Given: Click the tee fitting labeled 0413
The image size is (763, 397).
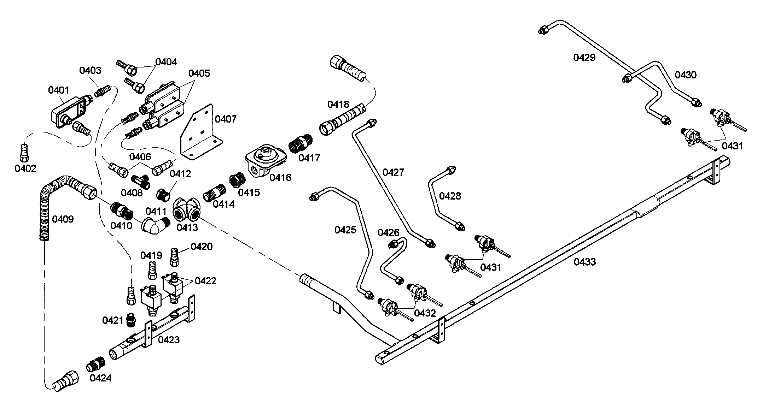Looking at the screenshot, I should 186,212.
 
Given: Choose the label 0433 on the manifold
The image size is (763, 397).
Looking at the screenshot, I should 584,262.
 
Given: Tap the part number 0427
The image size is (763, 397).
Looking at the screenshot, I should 393,172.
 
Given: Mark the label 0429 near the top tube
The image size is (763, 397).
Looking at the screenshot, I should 584,58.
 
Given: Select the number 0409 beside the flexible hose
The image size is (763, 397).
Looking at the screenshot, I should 63,219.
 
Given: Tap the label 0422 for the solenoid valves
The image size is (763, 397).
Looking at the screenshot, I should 205,281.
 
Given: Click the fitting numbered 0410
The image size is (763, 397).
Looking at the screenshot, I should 121,210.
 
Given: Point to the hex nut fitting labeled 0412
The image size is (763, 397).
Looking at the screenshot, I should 163,194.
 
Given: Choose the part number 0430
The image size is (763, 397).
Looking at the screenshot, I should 685,75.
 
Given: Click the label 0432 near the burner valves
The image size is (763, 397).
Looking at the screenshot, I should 425,313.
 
